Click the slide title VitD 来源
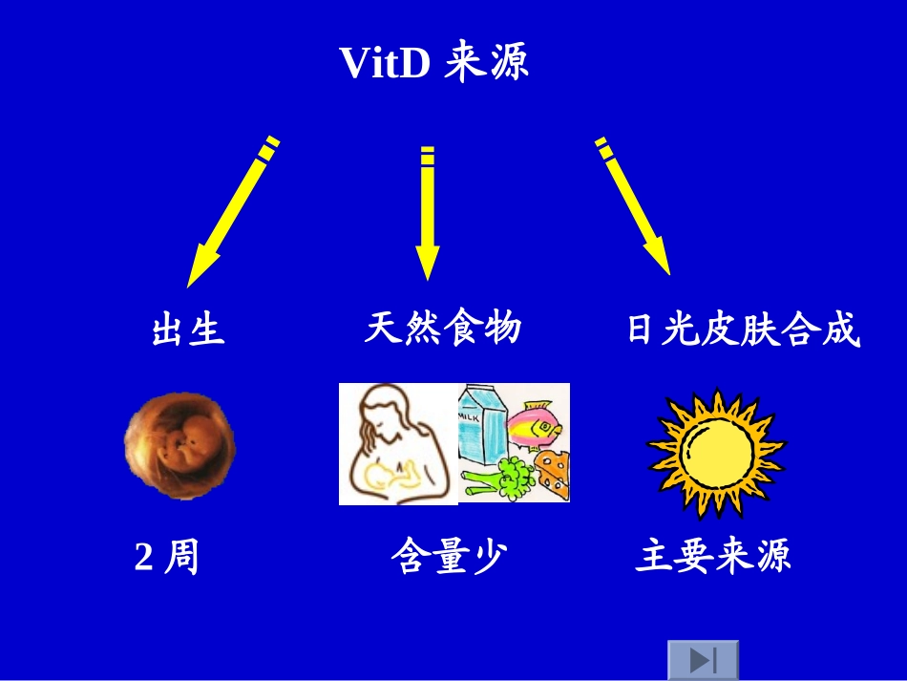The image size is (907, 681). [x=434, y=64]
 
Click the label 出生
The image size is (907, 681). [x=188, y=330]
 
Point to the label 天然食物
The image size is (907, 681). [x=443, y=328]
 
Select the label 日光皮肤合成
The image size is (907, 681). [x=743, y=330]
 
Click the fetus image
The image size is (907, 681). [x=179, y=446]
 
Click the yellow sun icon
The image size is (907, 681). [x=716, y=451]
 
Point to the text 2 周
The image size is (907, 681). [x=167, y=557]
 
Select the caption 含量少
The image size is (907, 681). [x=447, y=557]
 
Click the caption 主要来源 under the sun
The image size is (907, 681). [x=713, y=557]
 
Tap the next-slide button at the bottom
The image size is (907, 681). [x=703, y=660]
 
